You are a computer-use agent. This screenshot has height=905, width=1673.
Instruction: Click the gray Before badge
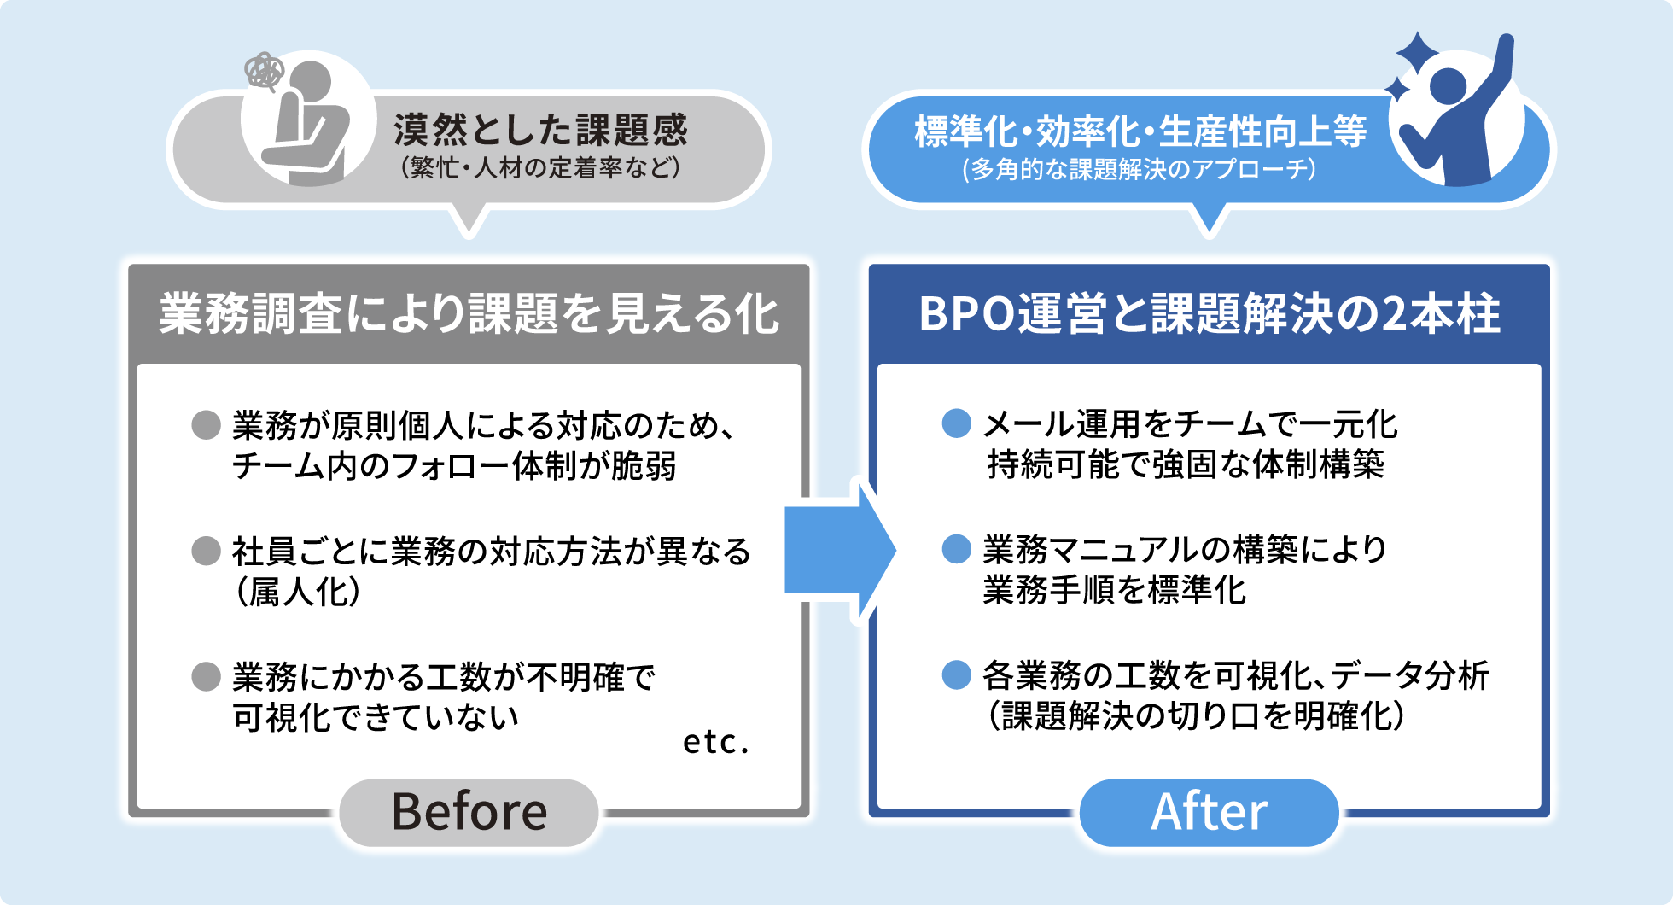(469, 812)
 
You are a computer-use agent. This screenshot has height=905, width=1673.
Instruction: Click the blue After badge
(1209, 812)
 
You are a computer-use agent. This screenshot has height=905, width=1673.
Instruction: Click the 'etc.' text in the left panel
(715, 742)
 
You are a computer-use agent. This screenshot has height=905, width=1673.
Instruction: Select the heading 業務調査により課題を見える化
(469, 313)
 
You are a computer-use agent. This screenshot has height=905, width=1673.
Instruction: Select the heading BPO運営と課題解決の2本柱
(1209, 313)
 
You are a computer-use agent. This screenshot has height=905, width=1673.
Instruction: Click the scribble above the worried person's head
(264, 71)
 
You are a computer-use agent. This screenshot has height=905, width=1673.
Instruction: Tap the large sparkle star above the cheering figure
(1418, 54)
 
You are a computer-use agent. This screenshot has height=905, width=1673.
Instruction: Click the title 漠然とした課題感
(540, 130)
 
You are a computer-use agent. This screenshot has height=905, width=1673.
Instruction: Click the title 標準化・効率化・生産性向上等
(1140, 131)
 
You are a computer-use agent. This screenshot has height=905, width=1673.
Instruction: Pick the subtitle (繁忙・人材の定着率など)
(540, 167)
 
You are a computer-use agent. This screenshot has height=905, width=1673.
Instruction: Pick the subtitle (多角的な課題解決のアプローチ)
(1140, 169)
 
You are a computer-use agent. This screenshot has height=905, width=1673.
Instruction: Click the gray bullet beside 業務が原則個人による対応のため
(206, 424)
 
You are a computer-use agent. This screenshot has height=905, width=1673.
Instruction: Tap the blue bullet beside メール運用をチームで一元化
(956, 423)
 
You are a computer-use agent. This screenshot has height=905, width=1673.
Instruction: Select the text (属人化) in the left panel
(297, 592)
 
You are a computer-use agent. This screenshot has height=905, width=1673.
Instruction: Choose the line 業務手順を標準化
(1114, 590)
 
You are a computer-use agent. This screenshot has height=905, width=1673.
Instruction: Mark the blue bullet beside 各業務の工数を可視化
(956, 674)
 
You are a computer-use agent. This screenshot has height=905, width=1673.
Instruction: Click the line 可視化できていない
(376, 717)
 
